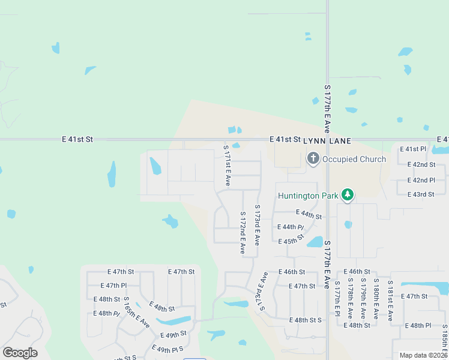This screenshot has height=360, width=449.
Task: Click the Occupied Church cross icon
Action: tap(313, 158)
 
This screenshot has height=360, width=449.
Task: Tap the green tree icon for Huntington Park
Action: tap(347, 194)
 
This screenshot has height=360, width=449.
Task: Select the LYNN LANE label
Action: tap(327, 140)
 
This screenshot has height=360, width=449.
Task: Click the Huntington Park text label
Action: tap(308, 196)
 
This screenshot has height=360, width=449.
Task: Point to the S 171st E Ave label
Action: tap(227, 164)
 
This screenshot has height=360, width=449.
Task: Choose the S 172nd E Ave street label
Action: tap(243, 232)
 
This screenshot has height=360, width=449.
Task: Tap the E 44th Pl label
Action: tap(291, 227)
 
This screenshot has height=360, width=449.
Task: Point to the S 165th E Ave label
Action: tap(137, 311)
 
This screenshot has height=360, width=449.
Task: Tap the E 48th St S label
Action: tap(305, 320)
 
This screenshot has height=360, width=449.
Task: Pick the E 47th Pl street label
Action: tap(113, 286)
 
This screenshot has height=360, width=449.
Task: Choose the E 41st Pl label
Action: tap(416, 149)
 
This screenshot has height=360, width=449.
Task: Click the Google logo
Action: tap(20, 353)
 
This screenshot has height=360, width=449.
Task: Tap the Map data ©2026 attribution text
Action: tap(423, 355)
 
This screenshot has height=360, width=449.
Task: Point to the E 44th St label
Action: tap(309, 214)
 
